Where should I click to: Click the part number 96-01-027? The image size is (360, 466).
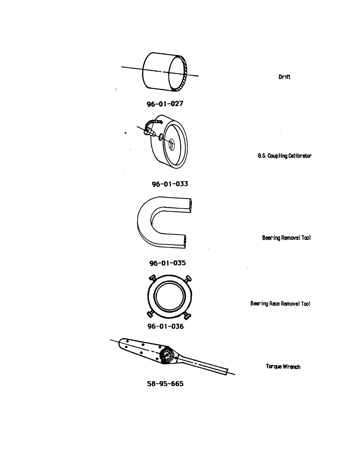[165, 104]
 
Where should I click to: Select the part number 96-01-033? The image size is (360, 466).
[170, 184]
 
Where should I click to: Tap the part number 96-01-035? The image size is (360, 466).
[168, 263]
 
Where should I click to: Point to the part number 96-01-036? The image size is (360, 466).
[165, 326]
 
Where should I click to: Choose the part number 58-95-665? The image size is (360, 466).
[165, 384]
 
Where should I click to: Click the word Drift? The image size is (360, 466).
[284, 77]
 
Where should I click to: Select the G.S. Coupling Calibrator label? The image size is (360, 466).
[284, 156]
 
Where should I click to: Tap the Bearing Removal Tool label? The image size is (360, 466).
[286, 238]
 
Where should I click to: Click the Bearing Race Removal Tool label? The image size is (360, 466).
[280, 304]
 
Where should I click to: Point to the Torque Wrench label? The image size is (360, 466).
[283, 367]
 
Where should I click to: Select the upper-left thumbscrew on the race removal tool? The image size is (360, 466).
[152, 278]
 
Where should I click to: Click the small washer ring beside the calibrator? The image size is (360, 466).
[161, 137]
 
